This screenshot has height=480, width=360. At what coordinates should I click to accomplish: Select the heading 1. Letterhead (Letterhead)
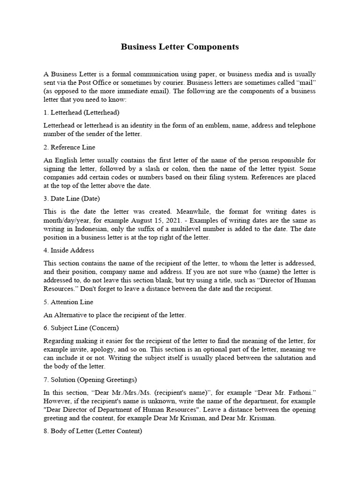pyautogui.click(x=81, y=112)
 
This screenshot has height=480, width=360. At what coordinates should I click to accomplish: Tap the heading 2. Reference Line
pyautogui.click(x=69, y=147)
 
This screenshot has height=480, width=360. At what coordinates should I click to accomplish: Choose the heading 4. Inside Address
pyautogui.click(x=68, y=250)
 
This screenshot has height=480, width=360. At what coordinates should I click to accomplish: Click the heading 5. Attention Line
pyautogui.click(x=68, y=302)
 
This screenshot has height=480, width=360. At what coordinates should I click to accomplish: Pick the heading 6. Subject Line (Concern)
pyautogui.click(x=81, y=328)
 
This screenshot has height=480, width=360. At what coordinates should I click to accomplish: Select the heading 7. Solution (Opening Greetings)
pyautogui.click(x=90, y=379)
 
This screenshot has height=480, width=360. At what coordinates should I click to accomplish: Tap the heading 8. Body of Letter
pyautogui.click(x=92, y=431)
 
